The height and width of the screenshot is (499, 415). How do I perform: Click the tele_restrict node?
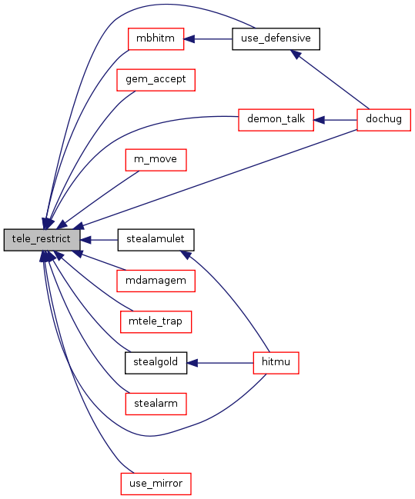[42, 240]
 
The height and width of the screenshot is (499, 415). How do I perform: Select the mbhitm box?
[156, 38]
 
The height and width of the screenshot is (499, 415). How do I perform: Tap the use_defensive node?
[276, 38]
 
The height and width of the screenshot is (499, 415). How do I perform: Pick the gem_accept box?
[156, 80]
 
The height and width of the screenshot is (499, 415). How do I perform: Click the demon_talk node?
[276, 120]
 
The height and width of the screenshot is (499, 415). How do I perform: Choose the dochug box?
[383, 120]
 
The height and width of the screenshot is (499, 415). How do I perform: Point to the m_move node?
[156, 160]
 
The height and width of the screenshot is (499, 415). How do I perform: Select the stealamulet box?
[156, 240]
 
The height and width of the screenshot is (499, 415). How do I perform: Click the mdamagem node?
[156, 281]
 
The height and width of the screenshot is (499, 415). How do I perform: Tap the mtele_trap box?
[156, 322]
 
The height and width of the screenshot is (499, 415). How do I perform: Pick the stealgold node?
[156, 363]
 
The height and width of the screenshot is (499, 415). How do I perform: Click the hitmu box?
[276, 363]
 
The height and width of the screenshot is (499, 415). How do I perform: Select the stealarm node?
[156, 404]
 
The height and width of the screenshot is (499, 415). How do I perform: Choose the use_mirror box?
[156, 484]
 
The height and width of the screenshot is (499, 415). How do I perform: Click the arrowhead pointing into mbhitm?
[189, 39]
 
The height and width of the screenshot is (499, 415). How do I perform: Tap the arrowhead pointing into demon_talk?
[319, 120]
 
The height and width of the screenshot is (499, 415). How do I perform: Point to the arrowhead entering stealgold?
[192, 363]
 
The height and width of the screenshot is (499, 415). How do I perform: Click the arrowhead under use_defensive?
[296, 54]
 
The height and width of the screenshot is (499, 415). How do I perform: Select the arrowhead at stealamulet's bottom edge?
[186, 254]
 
